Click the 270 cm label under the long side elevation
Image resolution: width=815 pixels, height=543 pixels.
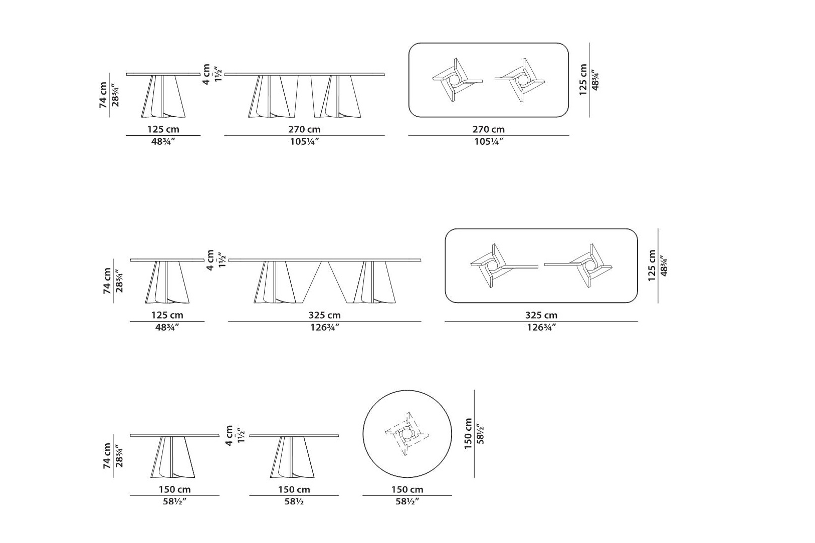tap(304, 129)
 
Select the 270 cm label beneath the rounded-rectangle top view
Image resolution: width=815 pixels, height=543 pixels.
tap(488, 129)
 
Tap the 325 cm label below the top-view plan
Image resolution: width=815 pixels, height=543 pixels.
tap(541, 315)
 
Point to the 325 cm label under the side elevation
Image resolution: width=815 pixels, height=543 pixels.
tap(324, 315)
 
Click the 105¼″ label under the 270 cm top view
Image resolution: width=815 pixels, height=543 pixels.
tap(488, 141)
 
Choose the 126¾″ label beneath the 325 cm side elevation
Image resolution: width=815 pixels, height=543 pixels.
tap(324, 327)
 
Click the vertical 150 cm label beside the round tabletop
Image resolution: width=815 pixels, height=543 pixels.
tap(468, 433)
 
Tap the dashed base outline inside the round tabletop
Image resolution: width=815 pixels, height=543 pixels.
tap(407, 434)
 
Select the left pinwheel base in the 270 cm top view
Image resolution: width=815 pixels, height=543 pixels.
tap(457, 80)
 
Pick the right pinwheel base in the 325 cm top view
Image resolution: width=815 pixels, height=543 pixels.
tap(578, 266)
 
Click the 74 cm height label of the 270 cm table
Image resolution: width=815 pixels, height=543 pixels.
tap(103, 95)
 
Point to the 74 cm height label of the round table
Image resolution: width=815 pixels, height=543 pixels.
tap(107, 456)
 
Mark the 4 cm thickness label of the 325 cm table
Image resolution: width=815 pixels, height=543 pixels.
tap(210, 259)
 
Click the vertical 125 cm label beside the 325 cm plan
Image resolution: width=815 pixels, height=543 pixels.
tap(652, 265)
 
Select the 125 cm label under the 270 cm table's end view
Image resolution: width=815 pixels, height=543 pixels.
tap(163, 129)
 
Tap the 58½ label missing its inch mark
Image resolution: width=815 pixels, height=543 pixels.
tap(294, 501)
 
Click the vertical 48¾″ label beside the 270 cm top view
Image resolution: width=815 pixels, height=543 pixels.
tap(595, 80)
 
